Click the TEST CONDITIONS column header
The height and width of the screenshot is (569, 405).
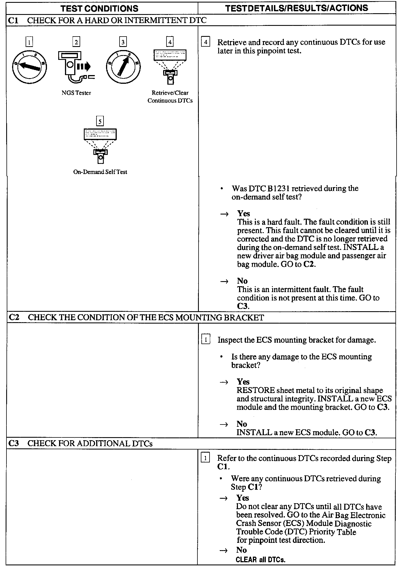pyautogui.click(x=100, y=8)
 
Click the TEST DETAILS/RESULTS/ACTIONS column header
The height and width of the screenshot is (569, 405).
pyautogui.click(x=296, y=8)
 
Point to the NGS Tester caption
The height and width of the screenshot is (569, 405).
pyautogui.click(x=76, y=93)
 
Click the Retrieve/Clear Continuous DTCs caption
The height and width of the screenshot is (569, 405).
pyautogui.click(x=170, y=97)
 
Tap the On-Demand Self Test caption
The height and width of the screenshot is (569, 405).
pyautogui.click(x=100, y=172)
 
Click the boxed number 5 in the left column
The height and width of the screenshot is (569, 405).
pyautogui.click(x=100, y=121)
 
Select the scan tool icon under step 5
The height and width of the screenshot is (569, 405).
pyautogui.click(x=100, y=146)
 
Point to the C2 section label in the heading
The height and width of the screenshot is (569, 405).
pyautogui.click(x=14, y=317)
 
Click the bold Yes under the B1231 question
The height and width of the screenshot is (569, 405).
pyautogui.click(x=244, y=213)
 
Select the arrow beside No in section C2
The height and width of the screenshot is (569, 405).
pyautogui.click(x=224, y=424)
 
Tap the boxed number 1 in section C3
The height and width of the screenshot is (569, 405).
pyautogui.click(x=205, y=459)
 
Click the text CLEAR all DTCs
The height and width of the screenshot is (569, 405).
pyautogui.click(x=260, y=559)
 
